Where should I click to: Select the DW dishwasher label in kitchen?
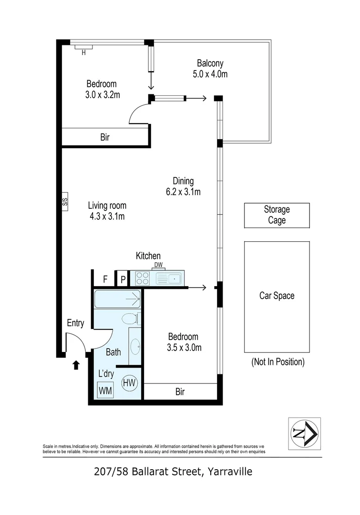click(158, 266)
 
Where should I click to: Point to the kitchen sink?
click(169, 278)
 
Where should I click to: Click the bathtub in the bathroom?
click(117, 299)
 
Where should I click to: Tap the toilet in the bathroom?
click(131, 318)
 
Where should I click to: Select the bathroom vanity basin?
click(134, 347)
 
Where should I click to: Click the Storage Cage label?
click(277, 215)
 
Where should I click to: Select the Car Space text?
click(277, 296)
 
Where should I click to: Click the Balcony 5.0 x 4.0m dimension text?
click(210, 74)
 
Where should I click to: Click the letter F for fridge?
click(105, 279)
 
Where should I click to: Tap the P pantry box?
click(123, 279)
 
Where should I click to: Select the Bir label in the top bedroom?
click(105, 137)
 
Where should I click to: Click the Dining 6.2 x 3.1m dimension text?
click(183, 192)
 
